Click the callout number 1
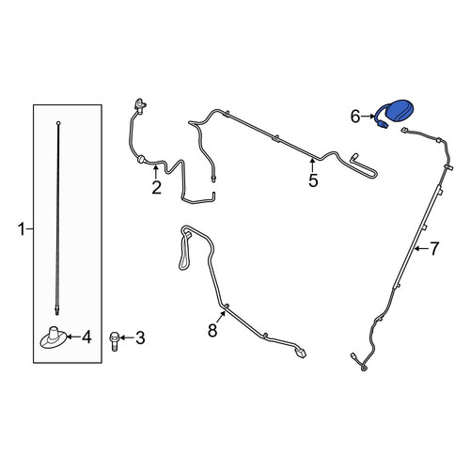coord(21,229)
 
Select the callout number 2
coord(156,187)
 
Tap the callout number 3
coord(140,338)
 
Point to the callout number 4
coord(86,337)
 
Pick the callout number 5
coord(313,180)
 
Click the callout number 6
coord(355,117)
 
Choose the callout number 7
coord(434,249)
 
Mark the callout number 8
coord(212,330)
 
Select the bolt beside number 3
coord(114,341)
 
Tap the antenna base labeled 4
coord(54,337)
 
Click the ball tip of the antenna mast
coord(58,123)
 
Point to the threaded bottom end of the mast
coord(57,310)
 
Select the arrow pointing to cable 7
coord(421,249)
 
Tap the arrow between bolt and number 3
coord(126,337)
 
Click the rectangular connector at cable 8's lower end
coord(300,353)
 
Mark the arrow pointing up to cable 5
coord(312,165)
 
